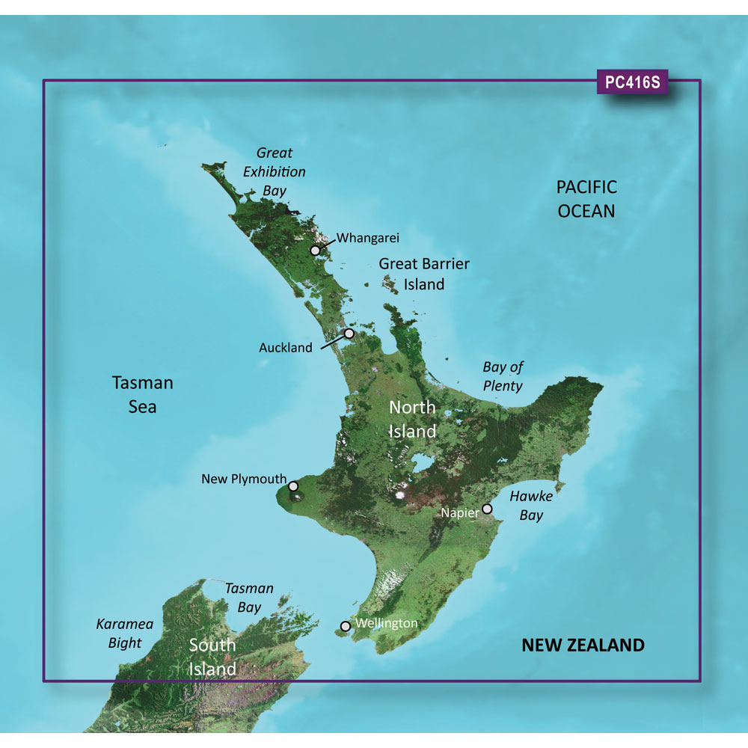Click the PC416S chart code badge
[x=632, y=83]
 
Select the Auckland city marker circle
[x=349, y=334]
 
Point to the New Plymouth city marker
[x=293, y=485]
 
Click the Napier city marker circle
[x=488, y=509]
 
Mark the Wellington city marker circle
[x=345, y=626]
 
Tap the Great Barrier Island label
[x=424, y=274]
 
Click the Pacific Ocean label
[x=586, y=198]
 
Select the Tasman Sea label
[x=142, y=394]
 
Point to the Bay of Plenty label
[x=503, y=376]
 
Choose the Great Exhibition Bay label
[x=274, y=171]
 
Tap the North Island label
[x=412, y=419]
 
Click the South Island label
[x=212, y=656]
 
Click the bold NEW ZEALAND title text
[x=583, y=645]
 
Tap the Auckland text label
[x=286, y=348]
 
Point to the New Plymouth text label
[x=244, y=479]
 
